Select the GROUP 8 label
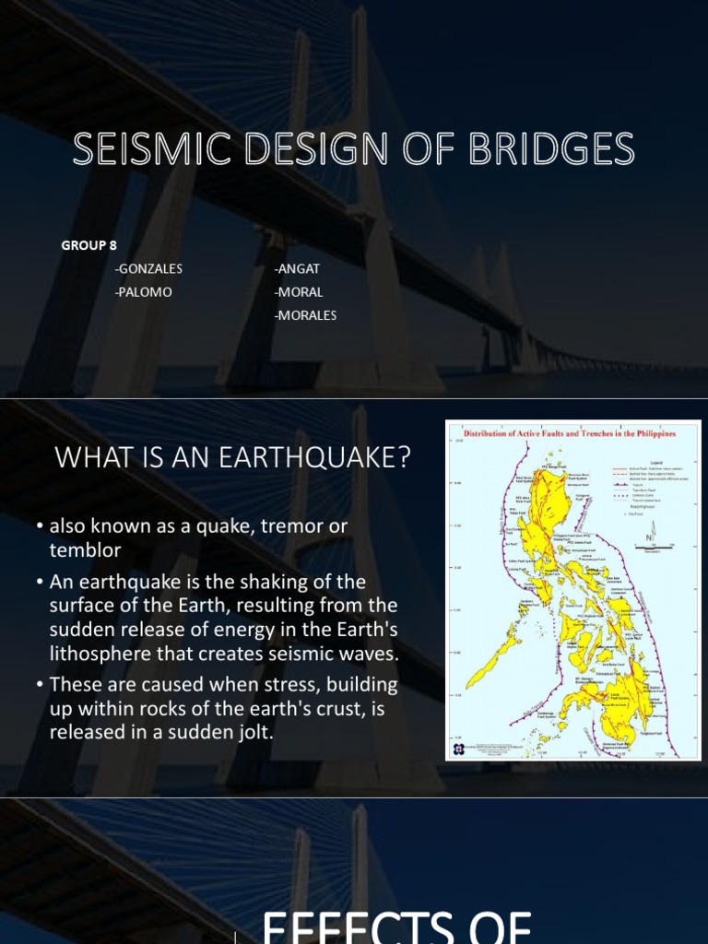(89, 245)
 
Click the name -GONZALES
(148, 269)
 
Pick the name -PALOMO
(143, 292)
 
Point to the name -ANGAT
(296, 269)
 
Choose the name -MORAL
(299, 292)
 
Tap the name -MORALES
(305, 315)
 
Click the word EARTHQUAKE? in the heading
(313, 458)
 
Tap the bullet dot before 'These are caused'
(41, 685)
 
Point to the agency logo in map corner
(456, 749)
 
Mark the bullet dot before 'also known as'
(41, 526)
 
